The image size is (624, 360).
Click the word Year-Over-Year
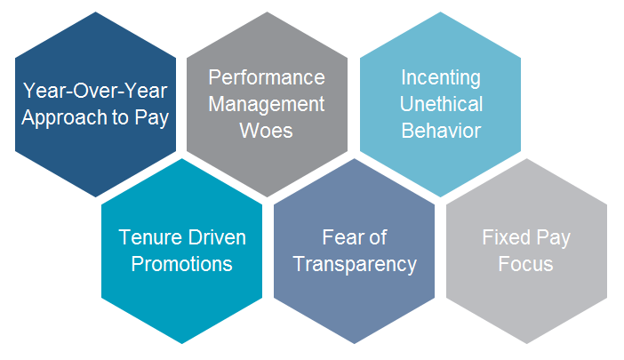click(95, 91)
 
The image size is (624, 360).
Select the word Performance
click(267, 77)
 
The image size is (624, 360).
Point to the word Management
click(267, 105)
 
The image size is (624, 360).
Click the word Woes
click(267, 131)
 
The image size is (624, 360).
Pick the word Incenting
click(441, 78)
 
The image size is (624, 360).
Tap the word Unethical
click(441, 104)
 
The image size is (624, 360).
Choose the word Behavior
click(441, 131)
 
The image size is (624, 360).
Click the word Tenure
click(150, 237)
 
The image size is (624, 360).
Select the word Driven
click(217, 237)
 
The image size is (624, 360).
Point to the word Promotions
click(182, 264)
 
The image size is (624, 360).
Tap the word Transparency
click(355, 265)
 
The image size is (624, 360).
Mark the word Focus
click(525, 264)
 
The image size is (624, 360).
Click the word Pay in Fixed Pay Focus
click(554, 239)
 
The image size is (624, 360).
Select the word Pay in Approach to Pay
click(152, 118)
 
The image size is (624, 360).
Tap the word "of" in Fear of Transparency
click(378, 237)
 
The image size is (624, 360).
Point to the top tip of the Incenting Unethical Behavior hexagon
click(440, 12)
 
